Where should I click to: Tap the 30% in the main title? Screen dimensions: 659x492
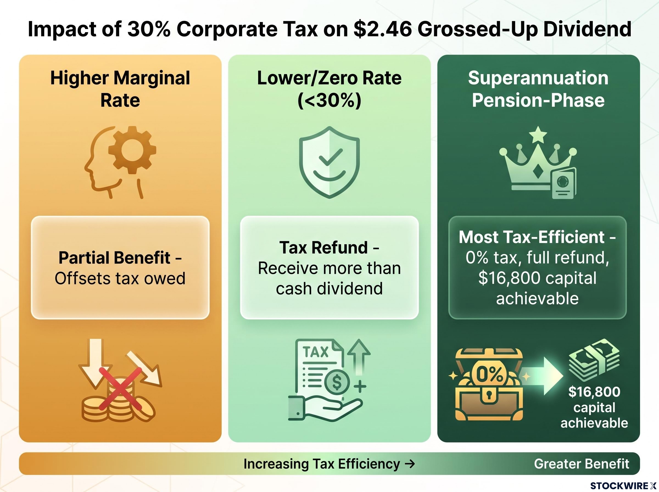[149, 29]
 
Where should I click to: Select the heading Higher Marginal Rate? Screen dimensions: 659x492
[120, 89]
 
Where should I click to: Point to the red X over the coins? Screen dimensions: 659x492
[120, 388]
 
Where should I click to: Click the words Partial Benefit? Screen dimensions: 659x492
[114, 258]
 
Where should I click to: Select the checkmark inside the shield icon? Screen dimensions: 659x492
[329, 157]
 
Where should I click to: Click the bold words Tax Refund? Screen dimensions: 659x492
[324, 247]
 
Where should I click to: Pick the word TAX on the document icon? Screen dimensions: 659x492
[316, 352]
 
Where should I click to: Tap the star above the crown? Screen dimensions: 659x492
[538, 134]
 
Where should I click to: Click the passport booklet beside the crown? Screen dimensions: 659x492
[564, 183]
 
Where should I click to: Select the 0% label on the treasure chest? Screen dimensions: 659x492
[490, 374]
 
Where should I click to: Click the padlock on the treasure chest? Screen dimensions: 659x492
[489, 394]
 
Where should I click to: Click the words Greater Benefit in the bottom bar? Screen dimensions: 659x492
[582, 464]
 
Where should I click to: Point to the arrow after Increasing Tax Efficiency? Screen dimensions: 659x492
[410, 464]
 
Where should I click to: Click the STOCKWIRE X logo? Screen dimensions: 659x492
[623, 486]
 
